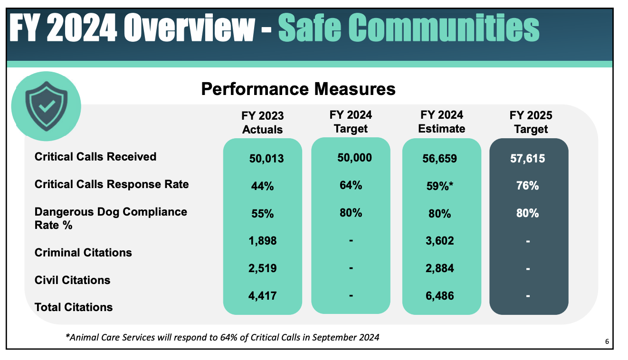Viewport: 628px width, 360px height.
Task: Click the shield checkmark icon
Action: tap(46, 106)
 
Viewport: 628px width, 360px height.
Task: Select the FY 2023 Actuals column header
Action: tap(262, 123)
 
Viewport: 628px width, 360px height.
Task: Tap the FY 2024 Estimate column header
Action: tap(442, 122)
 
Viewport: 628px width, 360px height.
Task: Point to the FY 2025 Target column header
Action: tap(531, 122)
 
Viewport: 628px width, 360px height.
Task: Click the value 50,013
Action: tap(266, 159)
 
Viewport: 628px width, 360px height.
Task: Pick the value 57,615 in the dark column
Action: tap(528, 159)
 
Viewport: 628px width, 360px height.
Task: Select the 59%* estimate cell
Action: tap(439, 186)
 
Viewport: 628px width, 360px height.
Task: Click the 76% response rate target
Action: tap(527, 185)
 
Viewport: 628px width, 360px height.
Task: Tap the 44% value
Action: tap(262, 186)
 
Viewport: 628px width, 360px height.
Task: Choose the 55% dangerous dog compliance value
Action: tap(262, 214)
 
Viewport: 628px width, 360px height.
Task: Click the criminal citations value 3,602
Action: tap(439, 241)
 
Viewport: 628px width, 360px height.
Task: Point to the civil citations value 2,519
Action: tap(262, 268)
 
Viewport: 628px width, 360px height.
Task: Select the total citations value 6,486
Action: tap(439, 295)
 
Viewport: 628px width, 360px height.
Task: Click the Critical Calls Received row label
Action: tap(95, 156)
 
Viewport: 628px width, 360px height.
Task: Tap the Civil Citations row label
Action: tap(72, 280)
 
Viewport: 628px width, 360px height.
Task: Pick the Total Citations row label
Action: tap(74, 307)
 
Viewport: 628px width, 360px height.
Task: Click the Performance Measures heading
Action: tap(298, 89)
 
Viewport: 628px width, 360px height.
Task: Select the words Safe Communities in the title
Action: tap(409, 28)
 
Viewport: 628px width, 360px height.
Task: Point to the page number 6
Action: tap(607, 341)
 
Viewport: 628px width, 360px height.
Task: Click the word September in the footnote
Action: tap(329, 337)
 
